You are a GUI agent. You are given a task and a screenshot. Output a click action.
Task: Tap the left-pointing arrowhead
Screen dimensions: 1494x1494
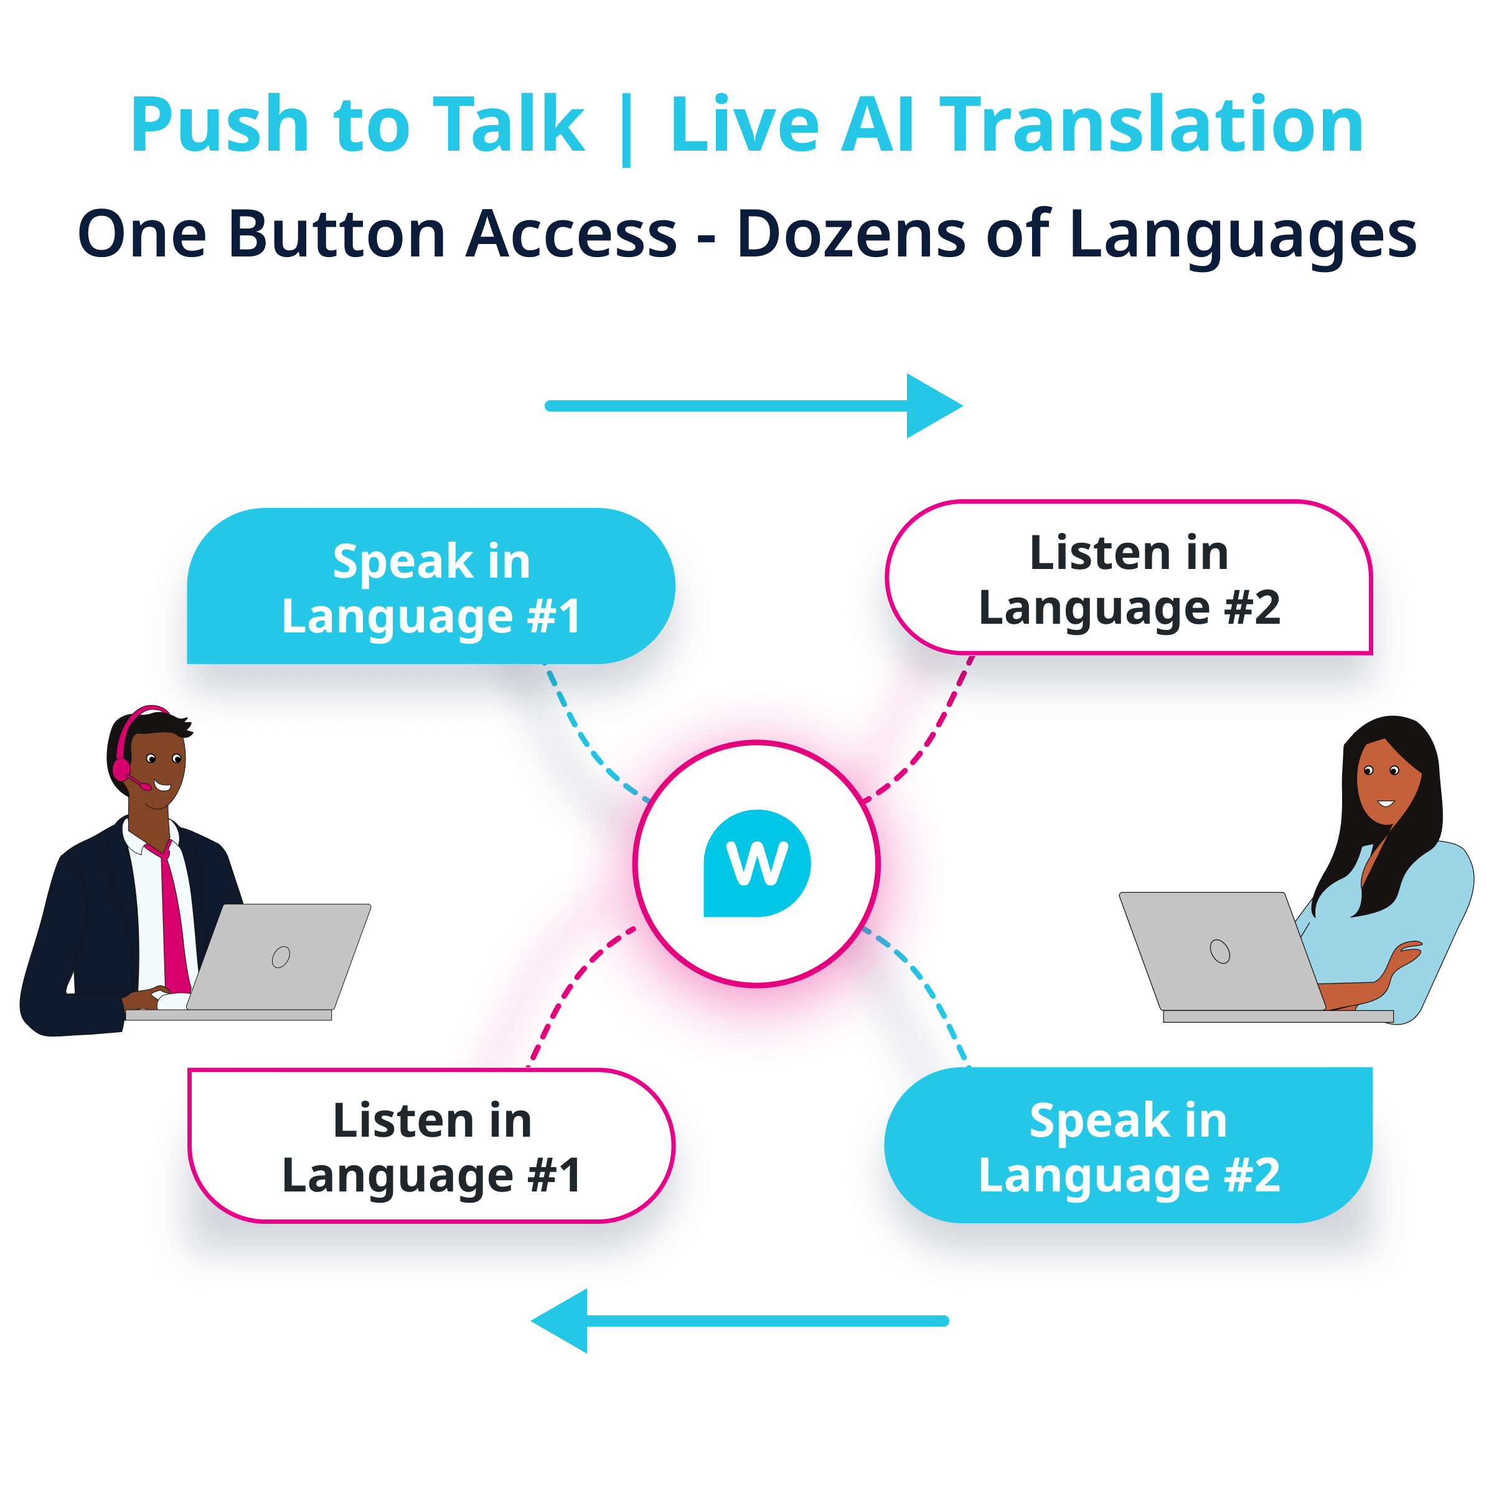(x=561, y=1321)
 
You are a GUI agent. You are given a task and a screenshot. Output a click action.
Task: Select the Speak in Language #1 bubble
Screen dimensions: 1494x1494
(x=431, y=587)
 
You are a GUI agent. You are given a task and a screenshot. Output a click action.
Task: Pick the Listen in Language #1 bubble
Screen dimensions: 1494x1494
(x=431, y=1145)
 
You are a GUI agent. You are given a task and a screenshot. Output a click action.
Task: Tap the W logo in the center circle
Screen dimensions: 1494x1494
(x=757, y=863)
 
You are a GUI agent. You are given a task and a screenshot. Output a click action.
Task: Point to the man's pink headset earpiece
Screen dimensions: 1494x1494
(x=121, y=769)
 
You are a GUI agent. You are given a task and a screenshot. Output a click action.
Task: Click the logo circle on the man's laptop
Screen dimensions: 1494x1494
(x=281, y=957)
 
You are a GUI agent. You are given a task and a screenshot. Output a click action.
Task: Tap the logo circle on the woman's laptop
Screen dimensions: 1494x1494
(x=1219, y=951)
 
